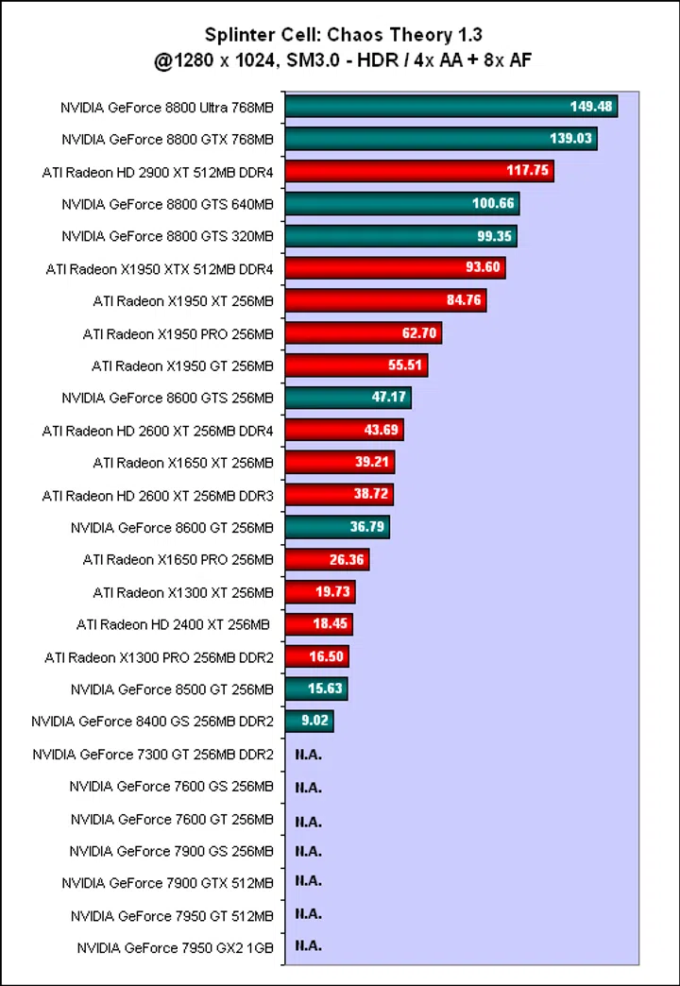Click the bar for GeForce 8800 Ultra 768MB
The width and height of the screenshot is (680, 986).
(x=450, y=107)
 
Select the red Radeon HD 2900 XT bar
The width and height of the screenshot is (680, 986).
(x=418, y=171)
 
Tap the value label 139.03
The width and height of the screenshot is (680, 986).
(x=570, y=139)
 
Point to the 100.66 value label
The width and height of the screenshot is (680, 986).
(x=493, y=203)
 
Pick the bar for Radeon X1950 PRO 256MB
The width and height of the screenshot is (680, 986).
(x=363, y=333)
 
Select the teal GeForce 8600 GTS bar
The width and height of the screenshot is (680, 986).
(x=348, y=398)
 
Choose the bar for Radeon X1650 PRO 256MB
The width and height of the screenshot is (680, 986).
(x=327, y=559)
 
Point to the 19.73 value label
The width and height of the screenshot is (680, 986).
(x=330, y=592)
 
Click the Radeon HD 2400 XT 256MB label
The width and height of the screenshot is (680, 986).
(x=173, y=624)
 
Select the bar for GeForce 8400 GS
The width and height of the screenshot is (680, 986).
(x=309, y=722)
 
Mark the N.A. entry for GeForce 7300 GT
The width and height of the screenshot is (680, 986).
(x=309, y=755)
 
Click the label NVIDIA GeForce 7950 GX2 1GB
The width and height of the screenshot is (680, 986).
(x=175, y=946)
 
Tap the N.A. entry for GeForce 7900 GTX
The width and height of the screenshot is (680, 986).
(x=309, y=881)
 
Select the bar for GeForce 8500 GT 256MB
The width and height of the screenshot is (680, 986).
(x=316, y=688)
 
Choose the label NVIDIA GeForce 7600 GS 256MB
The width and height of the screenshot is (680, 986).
(x=171, y=787)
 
